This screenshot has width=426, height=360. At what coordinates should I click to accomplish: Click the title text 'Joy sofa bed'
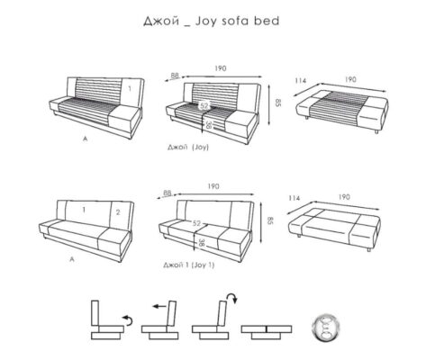[x=237, y=22]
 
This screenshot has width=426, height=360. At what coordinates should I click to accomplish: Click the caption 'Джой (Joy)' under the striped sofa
[x=188, y=147]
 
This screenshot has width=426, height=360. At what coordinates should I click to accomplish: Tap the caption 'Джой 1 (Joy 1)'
[x=189, y=265]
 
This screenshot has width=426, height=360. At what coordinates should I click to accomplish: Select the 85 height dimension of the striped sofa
[x=277, y=103]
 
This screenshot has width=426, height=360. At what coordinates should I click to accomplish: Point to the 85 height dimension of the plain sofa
[x=270, y=221]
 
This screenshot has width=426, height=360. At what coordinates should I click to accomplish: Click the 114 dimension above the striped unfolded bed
[x=301, y=80]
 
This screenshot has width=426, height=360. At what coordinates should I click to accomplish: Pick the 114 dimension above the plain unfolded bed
[x=295, y=198]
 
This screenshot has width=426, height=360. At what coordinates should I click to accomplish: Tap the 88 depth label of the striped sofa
[x=175, y=76]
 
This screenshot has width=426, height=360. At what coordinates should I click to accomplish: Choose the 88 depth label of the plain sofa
[x=167, y=193]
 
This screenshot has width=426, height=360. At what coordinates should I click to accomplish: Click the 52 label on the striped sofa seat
[x=204, y=105]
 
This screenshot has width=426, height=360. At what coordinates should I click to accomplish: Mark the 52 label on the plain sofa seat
[x=196, y=223]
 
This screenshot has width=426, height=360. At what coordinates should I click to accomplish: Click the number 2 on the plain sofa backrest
[x=118, y=212]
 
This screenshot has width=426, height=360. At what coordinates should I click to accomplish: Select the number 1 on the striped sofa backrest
[x=130, y=88]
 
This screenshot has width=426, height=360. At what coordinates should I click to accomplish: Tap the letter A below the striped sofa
[x=86, y=139]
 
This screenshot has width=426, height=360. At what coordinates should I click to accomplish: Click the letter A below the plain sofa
[x=72, y=259]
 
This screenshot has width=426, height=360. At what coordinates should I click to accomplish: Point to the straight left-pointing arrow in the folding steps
[x=159, y=306]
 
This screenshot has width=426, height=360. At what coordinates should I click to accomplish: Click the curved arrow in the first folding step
[x=128, y=319]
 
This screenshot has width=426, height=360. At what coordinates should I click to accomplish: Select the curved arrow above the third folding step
[x=232, y=298]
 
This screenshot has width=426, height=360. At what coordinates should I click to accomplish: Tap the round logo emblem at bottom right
[x=327, y=328]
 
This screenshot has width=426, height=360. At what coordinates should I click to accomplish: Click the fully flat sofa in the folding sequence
[x=267, y=332]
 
